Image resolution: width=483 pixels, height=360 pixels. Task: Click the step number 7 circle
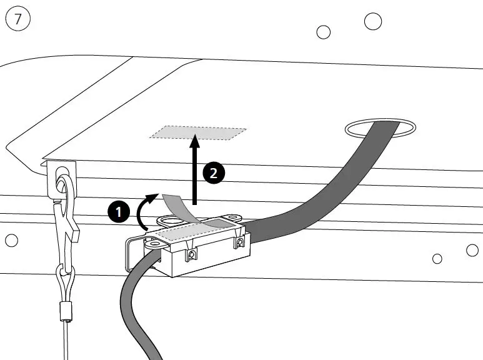18,19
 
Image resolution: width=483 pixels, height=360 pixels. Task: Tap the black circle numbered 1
119,212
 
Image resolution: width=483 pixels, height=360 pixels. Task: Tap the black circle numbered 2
214,172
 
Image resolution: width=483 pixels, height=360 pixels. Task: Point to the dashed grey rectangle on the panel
198,132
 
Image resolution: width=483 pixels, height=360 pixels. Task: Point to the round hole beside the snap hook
11,240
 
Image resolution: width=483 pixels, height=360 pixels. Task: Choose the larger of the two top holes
373,21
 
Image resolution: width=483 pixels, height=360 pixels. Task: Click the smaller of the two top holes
323,31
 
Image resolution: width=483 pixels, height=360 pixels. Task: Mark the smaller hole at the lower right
437,259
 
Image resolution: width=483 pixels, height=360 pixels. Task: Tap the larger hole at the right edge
472,251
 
